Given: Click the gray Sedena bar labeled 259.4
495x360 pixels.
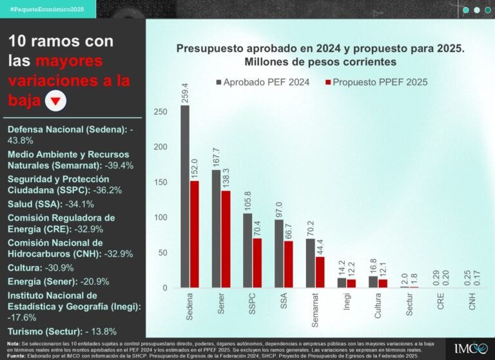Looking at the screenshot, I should pyautogui.click(x=185, y=196).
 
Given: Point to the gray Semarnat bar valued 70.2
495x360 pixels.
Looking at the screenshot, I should pyautogui.click(x=310, y=263).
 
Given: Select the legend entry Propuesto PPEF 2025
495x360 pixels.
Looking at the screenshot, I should pyautogui.click(x=374, y=82).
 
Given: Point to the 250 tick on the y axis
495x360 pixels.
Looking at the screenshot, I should pyautogui.click(x=160, y=112).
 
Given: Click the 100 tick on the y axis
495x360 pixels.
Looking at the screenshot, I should pyautogui.click(x=160, y=218).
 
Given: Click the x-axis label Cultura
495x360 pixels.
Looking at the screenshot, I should pyautogui.click(x=377, y=306).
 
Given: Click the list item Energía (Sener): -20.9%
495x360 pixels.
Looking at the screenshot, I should pyautogui.click(x=58, y=281).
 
